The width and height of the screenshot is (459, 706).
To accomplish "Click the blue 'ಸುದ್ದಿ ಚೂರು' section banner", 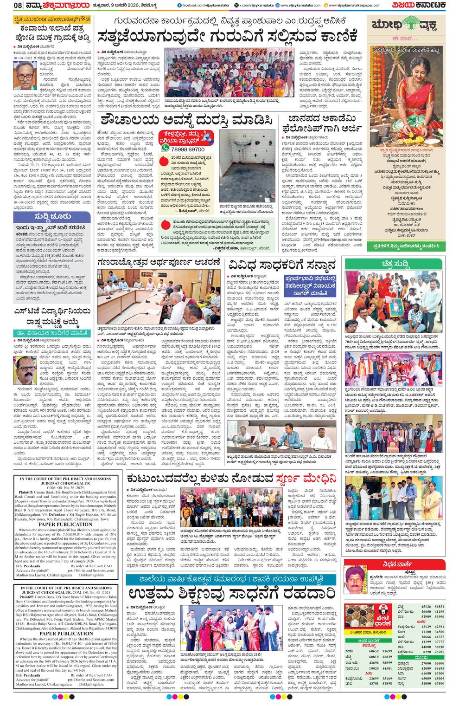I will point(46,217).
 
